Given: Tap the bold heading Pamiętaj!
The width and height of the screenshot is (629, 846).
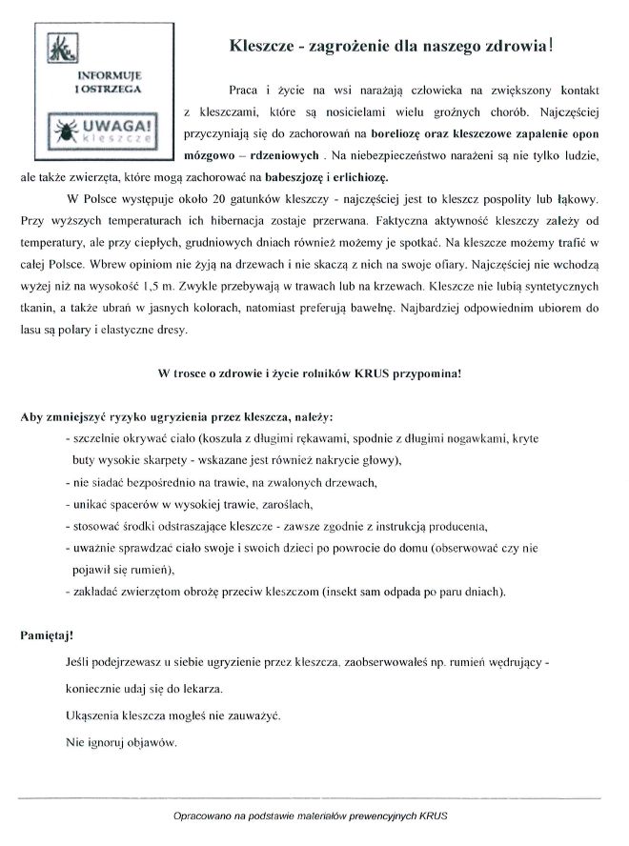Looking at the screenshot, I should (45, 633).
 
